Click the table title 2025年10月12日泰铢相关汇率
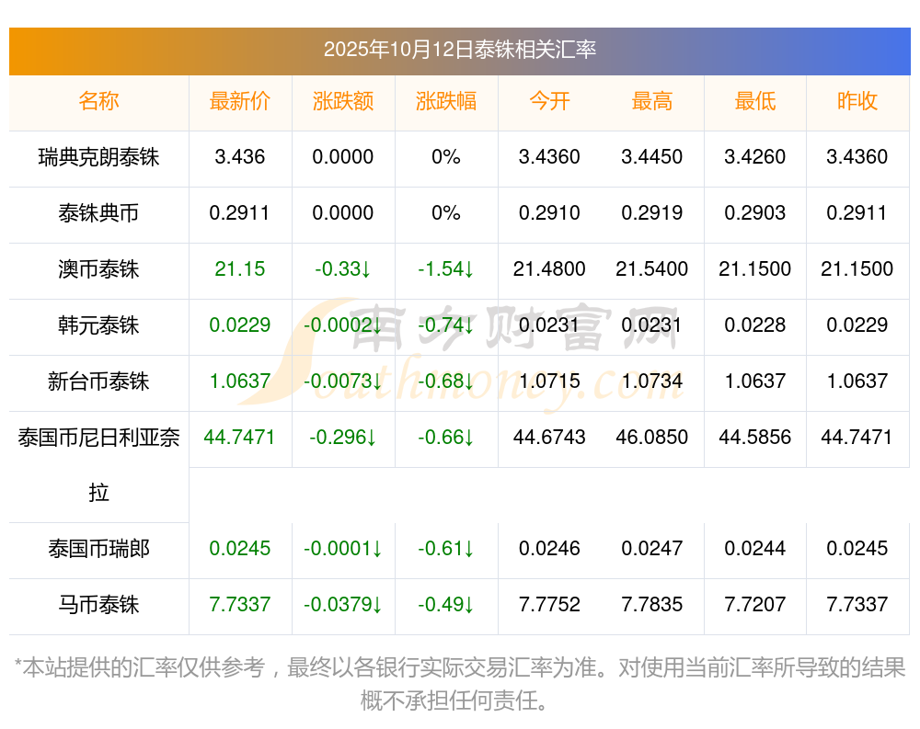pos(459,50)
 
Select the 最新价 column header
pos(240,102)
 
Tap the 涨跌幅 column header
pos(446,102)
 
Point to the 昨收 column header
pos(857,102)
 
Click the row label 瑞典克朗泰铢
pos(98,158)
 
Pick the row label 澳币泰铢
pos(98,269)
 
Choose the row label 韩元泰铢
pos(98,325)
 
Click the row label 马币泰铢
pos(98,605)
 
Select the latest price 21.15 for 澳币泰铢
pos(240,269)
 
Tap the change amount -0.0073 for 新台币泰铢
pos(343,382)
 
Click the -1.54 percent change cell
pos(446,269)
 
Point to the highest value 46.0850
pos(652,438)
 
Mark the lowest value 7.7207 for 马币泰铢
pos(754,605)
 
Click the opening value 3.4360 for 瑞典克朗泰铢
pos(549,157)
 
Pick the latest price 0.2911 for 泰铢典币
pos(240,213)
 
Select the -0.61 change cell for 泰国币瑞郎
pos(446,549)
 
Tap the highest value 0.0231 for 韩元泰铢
pos(652,325)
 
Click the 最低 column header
pos(754,102)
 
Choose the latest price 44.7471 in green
pos(240,438)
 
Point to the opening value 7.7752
pos(549,605)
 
